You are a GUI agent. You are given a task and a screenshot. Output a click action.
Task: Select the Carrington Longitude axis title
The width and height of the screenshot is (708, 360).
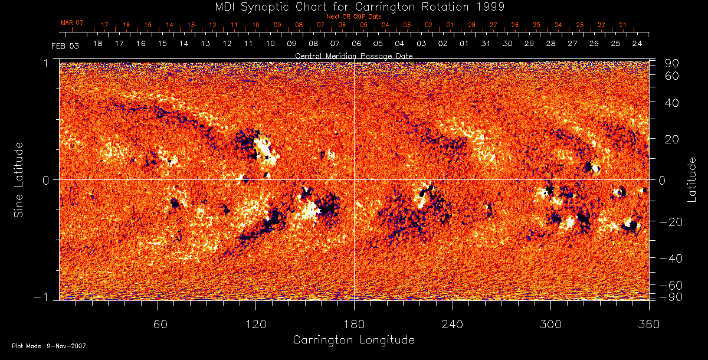(353, 340)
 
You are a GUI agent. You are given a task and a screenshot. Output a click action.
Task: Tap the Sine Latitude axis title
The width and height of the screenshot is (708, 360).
(19, 179)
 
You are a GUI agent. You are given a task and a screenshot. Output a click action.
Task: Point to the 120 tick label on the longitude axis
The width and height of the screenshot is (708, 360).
(255, 324)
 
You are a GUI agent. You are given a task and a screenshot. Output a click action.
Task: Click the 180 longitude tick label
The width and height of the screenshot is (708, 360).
(354, 324)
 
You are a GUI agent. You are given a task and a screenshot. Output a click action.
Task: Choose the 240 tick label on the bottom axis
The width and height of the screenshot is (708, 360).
(453, 324)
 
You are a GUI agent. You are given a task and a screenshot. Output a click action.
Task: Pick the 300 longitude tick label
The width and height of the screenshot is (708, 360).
(550, 324)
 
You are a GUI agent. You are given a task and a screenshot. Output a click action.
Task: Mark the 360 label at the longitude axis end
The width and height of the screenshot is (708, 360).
(649, 324)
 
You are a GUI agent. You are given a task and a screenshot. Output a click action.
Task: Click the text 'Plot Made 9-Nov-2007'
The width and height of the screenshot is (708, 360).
(49, 346)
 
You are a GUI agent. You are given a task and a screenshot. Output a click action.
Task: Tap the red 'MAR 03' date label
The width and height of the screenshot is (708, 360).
(72, 22)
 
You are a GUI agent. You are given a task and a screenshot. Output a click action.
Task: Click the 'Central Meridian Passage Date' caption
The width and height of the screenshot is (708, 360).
(353, 55)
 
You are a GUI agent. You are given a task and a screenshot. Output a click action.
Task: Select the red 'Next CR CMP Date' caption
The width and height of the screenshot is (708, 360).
(353, 17)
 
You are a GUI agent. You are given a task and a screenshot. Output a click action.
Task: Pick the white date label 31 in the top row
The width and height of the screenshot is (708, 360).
(486, 44)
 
